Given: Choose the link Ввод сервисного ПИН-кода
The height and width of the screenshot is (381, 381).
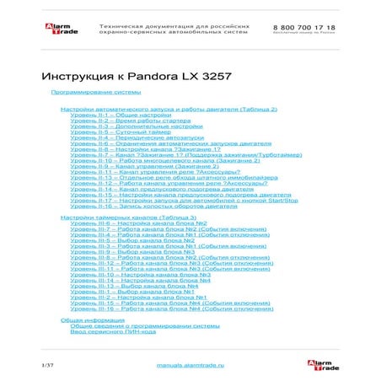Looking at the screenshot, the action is tap(113, 331).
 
